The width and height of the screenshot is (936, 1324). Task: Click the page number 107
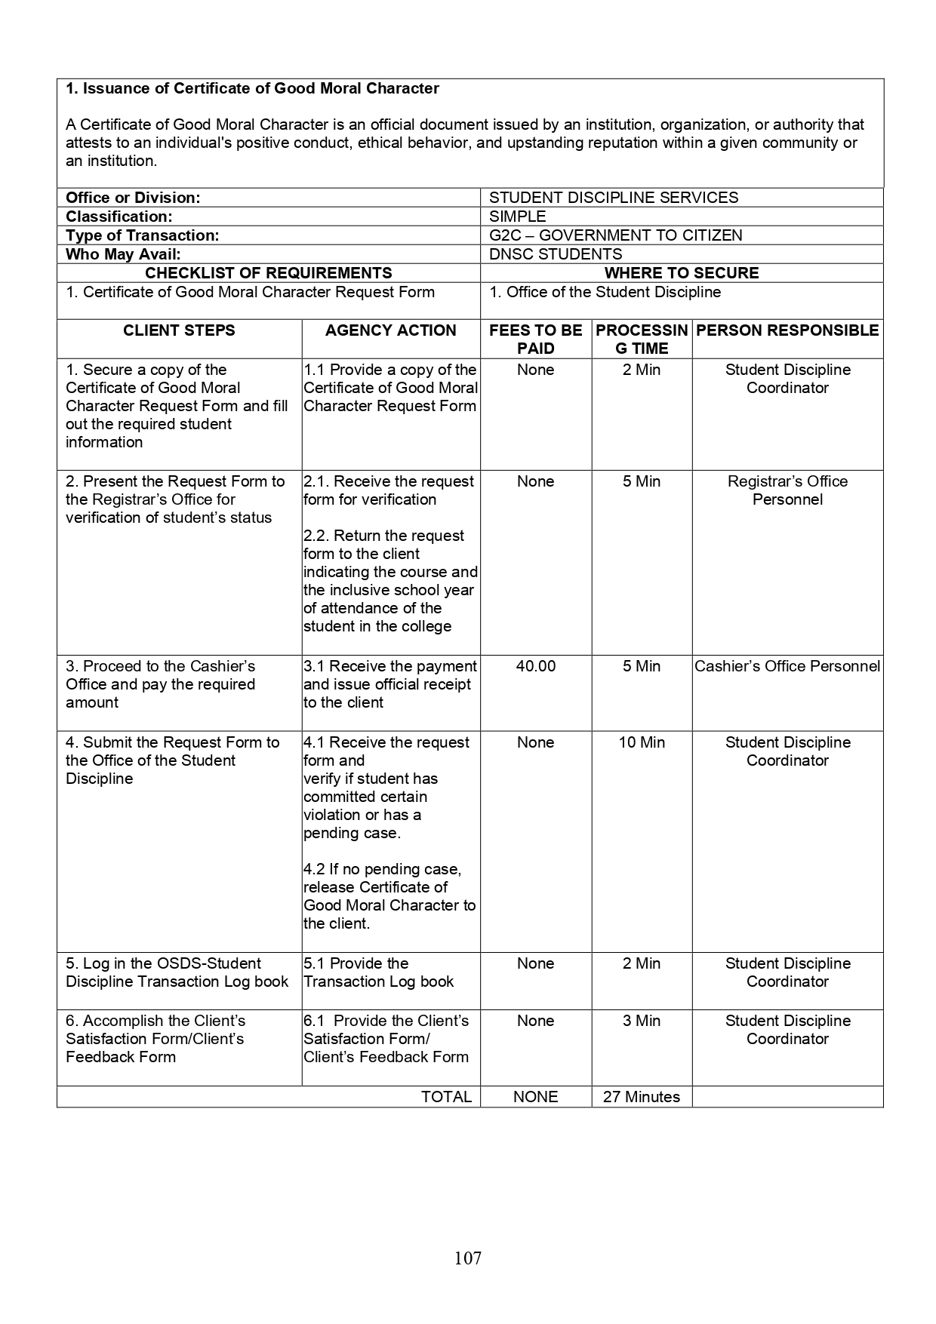pyautogui.click(x=468, y=1258)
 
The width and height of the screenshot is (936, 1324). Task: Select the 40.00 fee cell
pyautogui.click(x=535, y=666)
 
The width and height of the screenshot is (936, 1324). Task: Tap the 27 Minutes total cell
pyautogui.click(x=641, y=1097)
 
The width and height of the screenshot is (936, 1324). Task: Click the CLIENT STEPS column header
pyautogui.click(x=179, y=330)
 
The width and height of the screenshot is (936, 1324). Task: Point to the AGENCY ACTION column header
pyautogui.click(x=390, y=330)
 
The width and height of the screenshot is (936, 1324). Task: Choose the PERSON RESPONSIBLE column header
pyautogui.click(x=787, y=330)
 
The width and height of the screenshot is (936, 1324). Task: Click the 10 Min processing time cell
pyautogui.click(x=642, y=742)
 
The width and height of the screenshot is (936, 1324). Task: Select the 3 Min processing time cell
pyautogui.click(x=642, y=1021)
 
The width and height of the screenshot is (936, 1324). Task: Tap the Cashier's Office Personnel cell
pyautogui.click(x=787, y=666)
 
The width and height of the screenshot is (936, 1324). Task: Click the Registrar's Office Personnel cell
pyautogui.click(x=787, y=490)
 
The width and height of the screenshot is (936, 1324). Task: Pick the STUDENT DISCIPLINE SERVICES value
pyautogui.click(x=614, y=198)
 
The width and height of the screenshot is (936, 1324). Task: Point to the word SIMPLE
pyautogui.click(x=517, y=217)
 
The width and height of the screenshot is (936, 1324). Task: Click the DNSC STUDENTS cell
pyautogui.click(x=556, y=254)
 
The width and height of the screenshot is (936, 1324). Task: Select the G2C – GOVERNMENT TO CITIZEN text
pyautogui.click(x=615, y=235)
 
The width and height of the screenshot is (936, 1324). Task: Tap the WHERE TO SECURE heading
pyautogui.click(x=682, y=273)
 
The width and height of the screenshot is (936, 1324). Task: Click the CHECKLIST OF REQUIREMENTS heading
pyautogui.click(x=268, y=273)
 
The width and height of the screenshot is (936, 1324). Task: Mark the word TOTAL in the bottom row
pyautogui.click(x=446, y=1097)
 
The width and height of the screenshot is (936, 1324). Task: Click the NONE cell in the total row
pyautogui.click(x=535, y=1097)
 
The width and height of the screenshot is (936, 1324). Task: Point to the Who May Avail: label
pyautogui.click(x=123, y=254)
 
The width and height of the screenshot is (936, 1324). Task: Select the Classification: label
pyautogui.click(x=119, y=217)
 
